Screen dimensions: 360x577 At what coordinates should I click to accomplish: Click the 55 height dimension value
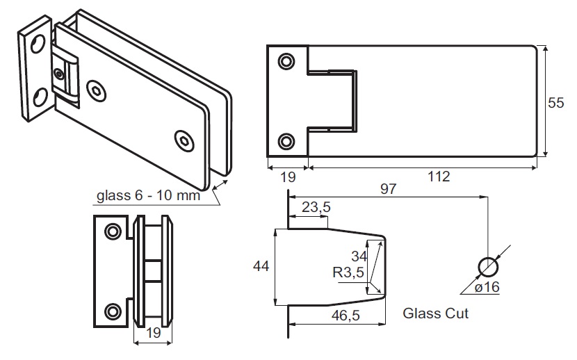pos(556,103)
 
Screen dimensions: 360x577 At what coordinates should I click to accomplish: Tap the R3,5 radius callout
pos(348,272)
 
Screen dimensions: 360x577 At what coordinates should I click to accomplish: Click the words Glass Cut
pos(436,313)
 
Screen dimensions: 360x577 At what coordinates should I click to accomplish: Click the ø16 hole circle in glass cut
pos(489,266)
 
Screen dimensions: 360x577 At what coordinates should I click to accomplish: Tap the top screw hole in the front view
pos(286,62)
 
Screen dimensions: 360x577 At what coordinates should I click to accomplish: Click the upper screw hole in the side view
pos(113,230)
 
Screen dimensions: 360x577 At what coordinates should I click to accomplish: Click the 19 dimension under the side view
pos(152,333)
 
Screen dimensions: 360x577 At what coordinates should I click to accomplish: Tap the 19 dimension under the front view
pos(287,176)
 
